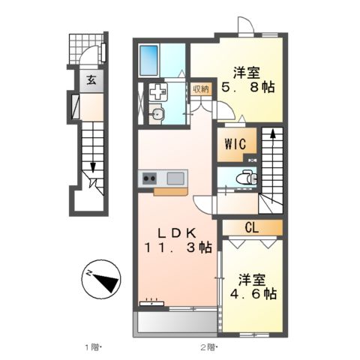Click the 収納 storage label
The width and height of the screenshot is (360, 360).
[x=200, y=89]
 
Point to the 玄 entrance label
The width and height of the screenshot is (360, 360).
[x=89, y=81]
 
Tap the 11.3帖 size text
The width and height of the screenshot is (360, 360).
[x=181, y=247]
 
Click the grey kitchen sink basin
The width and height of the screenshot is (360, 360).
[x=175, y=178]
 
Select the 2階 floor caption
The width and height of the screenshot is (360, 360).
[x=207, y=347]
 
